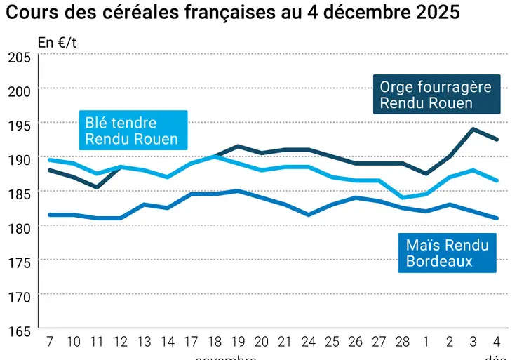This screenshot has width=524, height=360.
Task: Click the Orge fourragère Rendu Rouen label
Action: tap(436, 95)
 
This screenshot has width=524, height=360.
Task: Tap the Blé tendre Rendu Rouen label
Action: tap(131, 131)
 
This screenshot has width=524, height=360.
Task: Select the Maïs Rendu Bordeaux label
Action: tap(447, 253)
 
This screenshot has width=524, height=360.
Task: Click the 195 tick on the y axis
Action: tap(19, 126)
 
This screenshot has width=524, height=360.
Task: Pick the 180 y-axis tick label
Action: tap(19, 229)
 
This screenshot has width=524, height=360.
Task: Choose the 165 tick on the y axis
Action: tap(19, 330)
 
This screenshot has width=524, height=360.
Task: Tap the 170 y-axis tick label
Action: tap(19, 296)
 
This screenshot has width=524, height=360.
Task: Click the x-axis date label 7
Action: tap(49, 342)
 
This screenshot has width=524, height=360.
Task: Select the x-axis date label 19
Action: tap(238, 342)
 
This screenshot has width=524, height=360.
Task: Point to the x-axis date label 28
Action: tap(403, 342)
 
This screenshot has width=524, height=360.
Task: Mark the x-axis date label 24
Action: tap(309, 342)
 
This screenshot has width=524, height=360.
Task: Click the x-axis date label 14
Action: tap(167, 342)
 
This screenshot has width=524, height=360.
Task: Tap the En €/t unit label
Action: tap(57, 43)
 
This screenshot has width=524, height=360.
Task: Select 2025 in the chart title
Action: tap(434, 13)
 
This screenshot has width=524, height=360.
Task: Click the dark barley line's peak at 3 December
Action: tap(473, 129)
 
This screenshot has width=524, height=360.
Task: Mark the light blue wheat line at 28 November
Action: tap(403, 197)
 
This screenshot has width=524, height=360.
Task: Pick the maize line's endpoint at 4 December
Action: tap(497, 218)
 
